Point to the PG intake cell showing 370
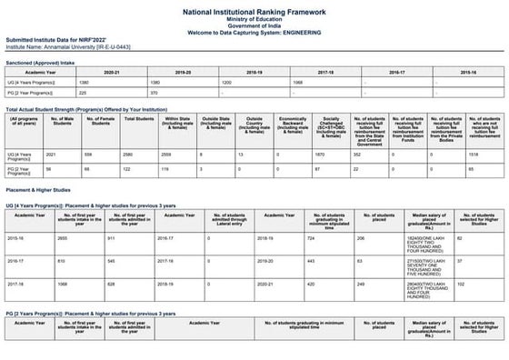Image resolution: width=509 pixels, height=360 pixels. point(154,92)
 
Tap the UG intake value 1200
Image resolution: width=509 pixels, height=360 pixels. point(227,82)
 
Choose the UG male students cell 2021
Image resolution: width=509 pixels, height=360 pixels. point(51,155)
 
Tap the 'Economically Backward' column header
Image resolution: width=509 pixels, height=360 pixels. point(291,125)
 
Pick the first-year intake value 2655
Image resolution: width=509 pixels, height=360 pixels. point(63,238)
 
